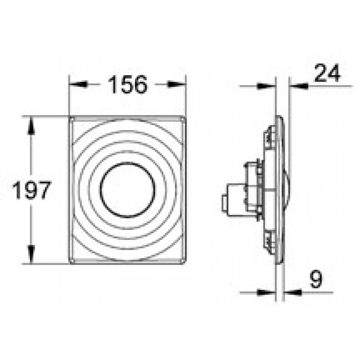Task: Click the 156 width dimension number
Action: (128, 84)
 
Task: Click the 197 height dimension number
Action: (31, 190)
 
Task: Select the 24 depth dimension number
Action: (327, 73)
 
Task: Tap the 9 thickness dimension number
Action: (316, 279)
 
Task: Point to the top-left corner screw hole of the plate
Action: (72, 120)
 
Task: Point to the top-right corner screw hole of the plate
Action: (183, 120)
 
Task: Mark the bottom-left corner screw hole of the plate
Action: (72, 261)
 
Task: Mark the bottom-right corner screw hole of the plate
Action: (183, 261)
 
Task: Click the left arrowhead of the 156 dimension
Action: (78, 84)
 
